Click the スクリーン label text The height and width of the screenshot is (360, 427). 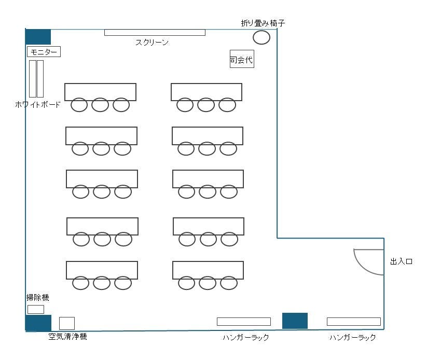click(x=152, y=42)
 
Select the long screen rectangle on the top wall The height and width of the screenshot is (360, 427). click(x=155, y=32)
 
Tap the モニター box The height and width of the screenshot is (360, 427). click(x=44, y=51)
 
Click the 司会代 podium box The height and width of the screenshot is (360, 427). click(x=242, y=59)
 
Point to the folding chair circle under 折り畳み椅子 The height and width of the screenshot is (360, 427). click(x=261, y=37)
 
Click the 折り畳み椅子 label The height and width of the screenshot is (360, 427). click(x=263, y=23)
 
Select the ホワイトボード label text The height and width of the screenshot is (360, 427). click(x=37, y=104)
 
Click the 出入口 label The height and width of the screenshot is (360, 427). click(x=401, y=261)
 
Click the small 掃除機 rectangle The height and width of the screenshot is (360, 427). click(x=36, y=309)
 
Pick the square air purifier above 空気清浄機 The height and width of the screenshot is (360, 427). click(x=67, y=323)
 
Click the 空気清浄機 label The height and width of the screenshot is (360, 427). click(x=67, y=337)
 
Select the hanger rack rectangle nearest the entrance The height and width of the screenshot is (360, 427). click(x=354, y=322)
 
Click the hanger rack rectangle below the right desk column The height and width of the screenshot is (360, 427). click(x=244, y=322)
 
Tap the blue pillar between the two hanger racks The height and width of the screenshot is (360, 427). click(x=295, y=321)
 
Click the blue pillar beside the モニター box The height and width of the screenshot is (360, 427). click(x=38, y=37)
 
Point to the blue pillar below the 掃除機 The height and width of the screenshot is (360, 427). click(x=38, y=323)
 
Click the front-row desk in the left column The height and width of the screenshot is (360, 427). click(x=100, y=92)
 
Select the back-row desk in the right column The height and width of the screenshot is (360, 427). click(x=208, y=270)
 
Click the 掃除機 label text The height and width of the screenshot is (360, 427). click(x=37, y=298)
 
